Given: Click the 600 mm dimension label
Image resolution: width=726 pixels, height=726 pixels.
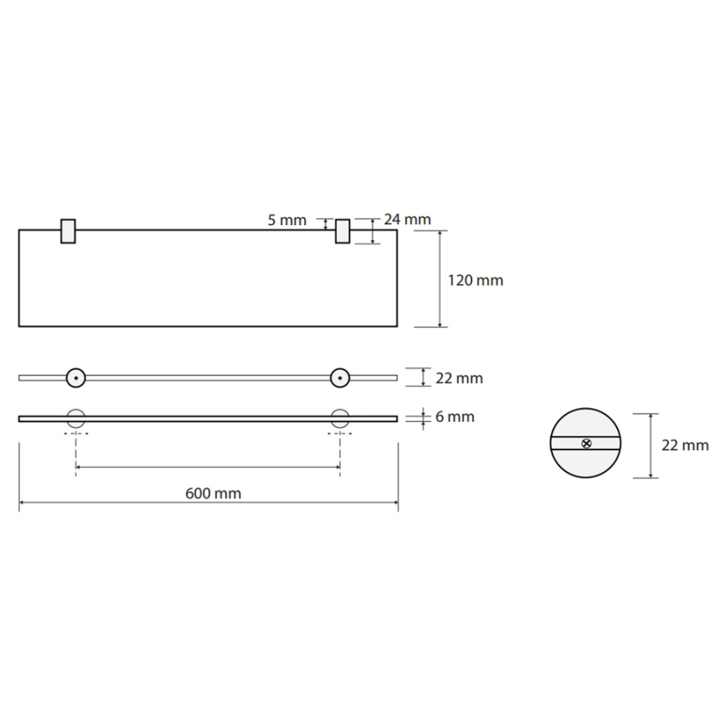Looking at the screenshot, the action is [213, 493].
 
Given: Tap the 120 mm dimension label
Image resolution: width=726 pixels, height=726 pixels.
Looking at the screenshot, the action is [475, 280].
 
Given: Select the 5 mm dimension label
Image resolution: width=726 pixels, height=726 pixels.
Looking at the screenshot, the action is [287, 220].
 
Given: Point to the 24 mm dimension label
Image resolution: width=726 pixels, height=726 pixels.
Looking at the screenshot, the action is [407, 219].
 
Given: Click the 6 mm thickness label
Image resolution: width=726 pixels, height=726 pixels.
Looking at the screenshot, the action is [455, 417].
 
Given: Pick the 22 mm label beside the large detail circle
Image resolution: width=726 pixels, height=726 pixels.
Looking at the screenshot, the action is [685, 445].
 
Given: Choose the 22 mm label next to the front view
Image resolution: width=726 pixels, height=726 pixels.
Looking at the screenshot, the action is [459, 378].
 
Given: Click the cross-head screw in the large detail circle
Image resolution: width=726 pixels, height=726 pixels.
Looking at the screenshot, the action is [586, 444].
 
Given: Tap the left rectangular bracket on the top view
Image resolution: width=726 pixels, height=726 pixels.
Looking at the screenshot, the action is [68, 231].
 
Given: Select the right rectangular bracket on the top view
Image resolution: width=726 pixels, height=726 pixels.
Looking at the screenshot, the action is [343, 231].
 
